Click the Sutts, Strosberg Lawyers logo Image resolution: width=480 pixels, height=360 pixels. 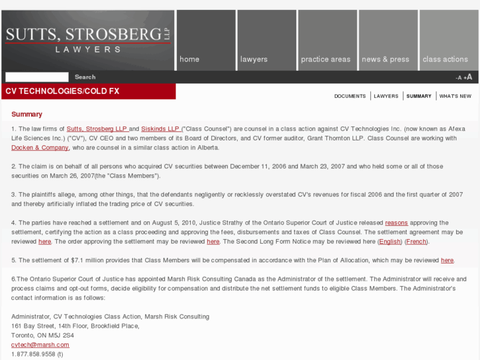coord(88,40)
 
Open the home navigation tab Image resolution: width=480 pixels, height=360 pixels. coord(189,59)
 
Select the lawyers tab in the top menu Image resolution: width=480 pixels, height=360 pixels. coord(254,59)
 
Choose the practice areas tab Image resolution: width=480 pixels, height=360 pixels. coord(326,59)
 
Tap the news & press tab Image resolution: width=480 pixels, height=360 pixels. coord(386,59)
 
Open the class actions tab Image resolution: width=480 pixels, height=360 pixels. coord(445,59)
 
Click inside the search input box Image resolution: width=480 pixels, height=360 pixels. coord(37,77)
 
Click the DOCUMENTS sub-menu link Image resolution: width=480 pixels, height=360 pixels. coord(350,96)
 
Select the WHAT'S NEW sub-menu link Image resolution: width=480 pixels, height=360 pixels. coord(456,96)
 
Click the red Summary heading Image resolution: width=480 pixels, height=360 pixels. coord(26,114)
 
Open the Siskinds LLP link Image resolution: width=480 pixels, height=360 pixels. coord(160,128)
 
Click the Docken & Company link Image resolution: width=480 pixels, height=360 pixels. coord(40,147)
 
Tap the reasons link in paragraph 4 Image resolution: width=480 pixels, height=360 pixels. coord(396,223)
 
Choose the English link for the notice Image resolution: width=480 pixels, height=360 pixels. coord(390,242)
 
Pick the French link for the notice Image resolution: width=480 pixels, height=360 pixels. coord(416,242)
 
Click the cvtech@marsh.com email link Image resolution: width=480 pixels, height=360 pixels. coord(40,345)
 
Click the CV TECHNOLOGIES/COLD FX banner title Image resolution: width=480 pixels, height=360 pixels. coord(63,90)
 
